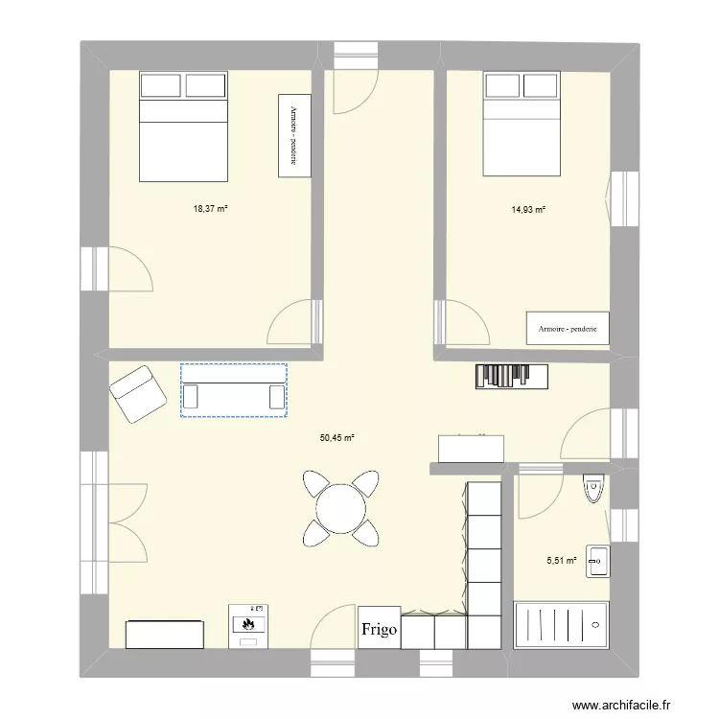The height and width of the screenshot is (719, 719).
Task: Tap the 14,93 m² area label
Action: coord(528,209)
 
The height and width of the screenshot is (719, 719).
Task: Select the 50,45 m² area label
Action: coord(337,437)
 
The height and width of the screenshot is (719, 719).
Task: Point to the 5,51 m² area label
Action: coord(563,561)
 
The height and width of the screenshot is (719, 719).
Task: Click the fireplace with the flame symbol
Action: coord(248,624)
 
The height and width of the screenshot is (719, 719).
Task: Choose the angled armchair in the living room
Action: coord(136,393)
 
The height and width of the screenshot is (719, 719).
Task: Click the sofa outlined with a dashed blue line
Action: coord(234,390)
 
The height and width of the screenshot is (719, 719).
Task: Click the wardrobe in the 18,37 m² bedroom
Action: coord(293,135)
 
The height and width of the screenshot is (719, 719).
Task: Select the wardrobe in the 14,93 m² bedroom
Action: coord(568,328)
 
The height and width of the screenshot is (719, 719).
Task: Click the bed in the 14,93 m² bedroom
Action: coord(521,125)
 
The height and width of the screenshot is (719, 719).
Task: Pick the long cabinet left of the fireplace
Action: coord(164,634)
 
